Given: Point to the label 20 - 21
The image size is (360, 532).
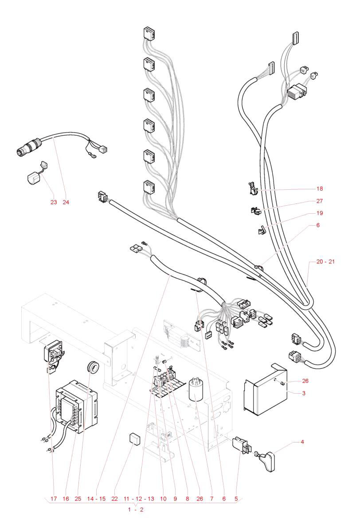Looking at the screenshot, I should click(325, 262).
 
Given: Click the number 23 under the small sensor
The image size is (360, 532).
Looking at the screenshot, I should click(54, 202).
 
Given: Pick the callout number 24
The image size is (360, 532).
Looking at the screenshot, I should click(67, 202).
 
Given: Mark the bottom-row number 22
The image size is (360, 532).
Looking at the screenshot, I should click(115, 499).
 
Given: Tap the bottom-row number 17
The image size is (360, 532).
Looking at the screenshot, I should click(54, 499).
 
